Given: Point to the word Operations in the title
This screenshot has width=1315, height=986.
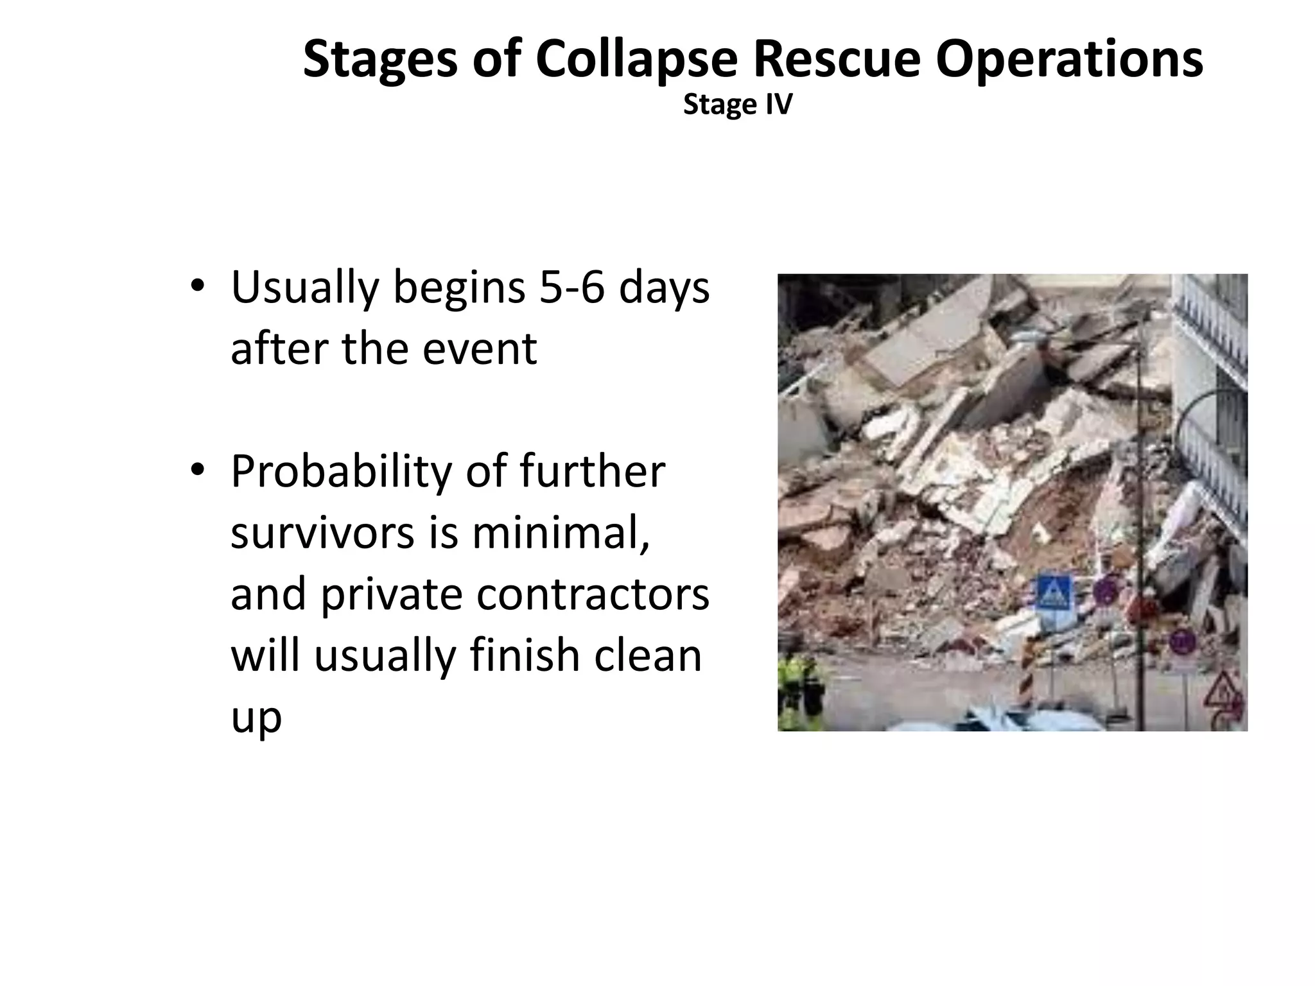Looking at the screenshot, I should (1069, 60).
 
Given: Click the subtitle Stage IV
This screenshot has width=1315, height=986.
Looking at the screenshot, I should (738, 105).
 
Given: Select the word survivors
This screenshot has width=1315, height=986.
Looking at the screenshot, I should (322, 533).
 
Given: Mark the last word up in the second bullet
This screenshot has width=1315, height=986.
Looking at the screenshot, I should (256, 717).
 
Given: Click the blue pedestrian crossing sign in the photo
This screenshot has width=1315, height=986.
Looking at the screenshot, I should (1053, 594).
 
